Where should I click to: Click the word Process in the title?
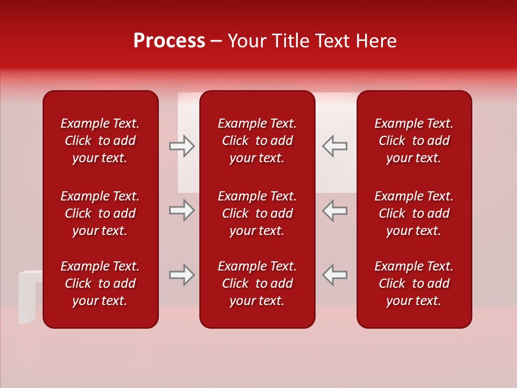coord(169,41)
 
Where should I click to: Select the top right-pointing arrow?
coord(182,146)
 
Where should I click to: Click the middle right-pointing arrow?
coord(182,210)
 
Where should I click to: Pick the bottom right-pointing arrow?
coord(182,275)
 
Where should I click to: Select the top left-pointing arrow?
coord(334,146)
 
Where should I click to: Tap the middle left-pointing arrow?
coord(334,210)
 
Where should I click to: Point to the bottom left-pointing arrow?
coord(334,275)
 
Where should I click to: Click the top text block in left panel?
coord(100,141)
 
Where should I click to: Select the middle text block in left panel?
coord(100,213)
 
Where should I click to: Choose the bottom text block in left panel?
coord(100,283)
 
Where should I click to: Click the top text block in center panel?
coord(257,141)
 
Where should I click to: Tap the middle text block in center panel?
coord(257,213)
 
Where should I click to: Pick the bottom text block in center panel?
coord(257,283)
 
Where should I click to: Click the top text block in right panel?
coord(414,141)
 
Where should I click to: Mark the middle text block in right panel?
coord(414,213)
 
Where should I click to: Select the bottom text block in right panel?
coord(414,283)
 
